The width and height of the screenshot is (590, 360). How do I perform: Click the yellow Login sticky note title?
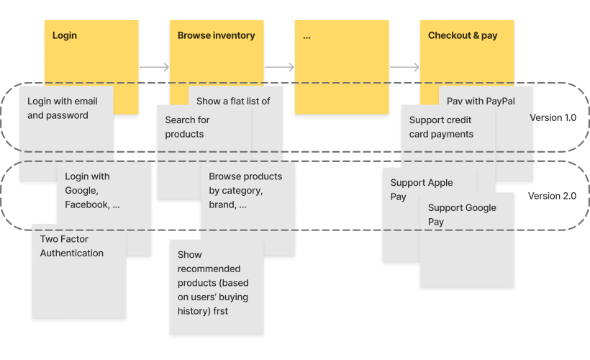(65, 35)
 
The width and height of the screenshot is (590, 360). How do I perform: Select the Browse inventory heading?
(216, 35)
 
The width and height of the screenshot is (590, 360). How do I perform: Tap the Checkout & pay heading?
(462, 35)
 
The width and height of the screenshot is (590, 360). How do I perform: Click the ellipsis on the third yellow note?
(307, 35)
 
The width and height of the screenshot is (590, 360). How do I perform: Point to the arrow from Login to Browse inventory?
(154, 68)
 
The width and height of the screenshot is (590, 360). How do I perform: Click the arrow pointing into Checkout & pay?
(404, 68)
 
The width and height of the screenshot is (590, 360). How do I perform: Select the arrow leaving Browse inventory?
(279, 68)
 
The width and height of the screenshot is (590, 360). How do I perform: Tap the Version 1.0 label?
(553, 117)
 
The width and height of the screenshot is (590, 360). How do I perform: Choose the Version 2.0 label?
(552, 196)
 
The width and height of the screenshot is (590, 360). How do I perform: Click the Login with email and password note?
(62, 109)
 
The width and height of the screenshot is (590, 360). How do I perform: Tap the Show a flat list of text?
(233, 102)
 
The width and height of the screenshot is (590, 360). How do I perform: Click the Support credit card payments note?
(441, 127)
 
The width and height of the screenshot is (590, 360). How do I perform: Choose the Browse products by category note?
(245, 191)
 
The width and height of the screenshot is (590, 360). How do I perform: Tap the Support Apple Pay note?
(421, 190)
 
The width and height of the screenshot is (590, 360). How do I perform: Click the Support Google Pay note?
(462, 215)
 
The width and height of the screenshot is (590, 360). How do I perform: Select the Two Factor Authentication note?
(72, 246)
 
